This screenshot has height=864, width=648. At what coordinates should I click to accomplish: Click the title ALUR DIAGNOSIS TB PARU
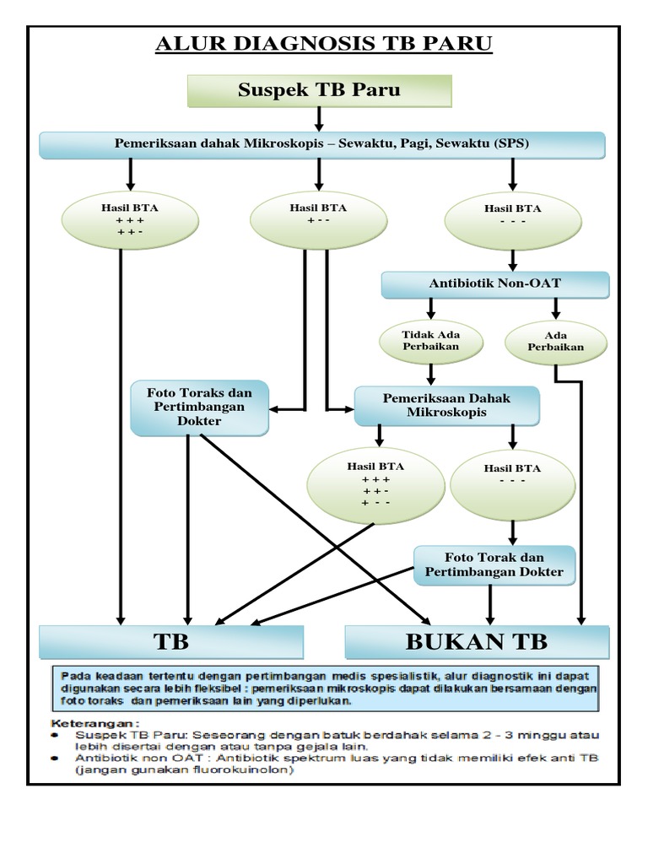(x=323, y=44)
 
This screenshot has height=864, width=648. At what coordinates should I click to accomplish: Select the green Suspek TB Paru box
(x=319, y=90)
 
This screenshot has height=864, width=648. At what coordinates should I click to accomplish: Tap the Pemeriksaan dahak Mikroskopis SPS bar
(x=322, y=144)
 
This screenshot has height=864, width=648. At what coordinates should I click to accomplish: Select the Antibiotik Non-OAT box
(x=494, y=284)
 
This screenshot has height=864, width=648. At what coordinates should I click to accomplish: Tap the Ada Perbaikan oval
(x=555, y=341)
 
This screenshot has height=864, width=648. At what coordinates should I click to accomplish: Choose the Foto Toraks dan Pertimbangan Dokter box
(x=199, y=407)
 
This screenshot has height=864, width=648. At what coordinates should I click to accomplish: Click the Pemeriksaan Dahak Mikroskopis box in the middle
(x=446, y=406)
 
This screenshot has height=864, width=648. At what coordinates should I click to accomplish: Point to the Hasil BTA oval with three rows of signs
(x=375, y=485)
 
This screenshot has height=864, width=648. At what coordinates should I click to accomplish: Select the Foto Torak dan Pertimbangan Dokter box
(x=494, y=565)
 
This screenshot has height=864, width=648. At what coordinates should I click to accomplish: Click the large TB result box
(x=171, y=641)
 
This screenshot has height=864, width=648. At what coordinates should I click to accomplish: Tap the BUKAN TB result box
(x=477, y=641)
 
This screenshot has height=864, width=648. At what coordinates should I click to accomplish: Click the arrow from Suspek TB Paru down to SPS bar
(x=319, y=119)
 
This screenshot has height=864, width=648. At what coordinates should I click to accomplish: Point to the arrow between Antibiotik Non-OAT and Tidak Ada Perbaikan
(x=431, y=309)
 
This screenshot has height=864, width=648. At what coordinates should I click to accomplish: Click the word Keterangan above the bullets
(x=95, y=723)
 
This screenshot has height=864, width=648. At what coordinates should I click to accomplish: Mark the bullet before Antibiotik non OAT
(x=56, y=759)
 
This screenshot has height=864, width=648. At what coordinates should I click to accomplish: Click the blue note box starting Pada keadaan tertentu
(x=325, y=687)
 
